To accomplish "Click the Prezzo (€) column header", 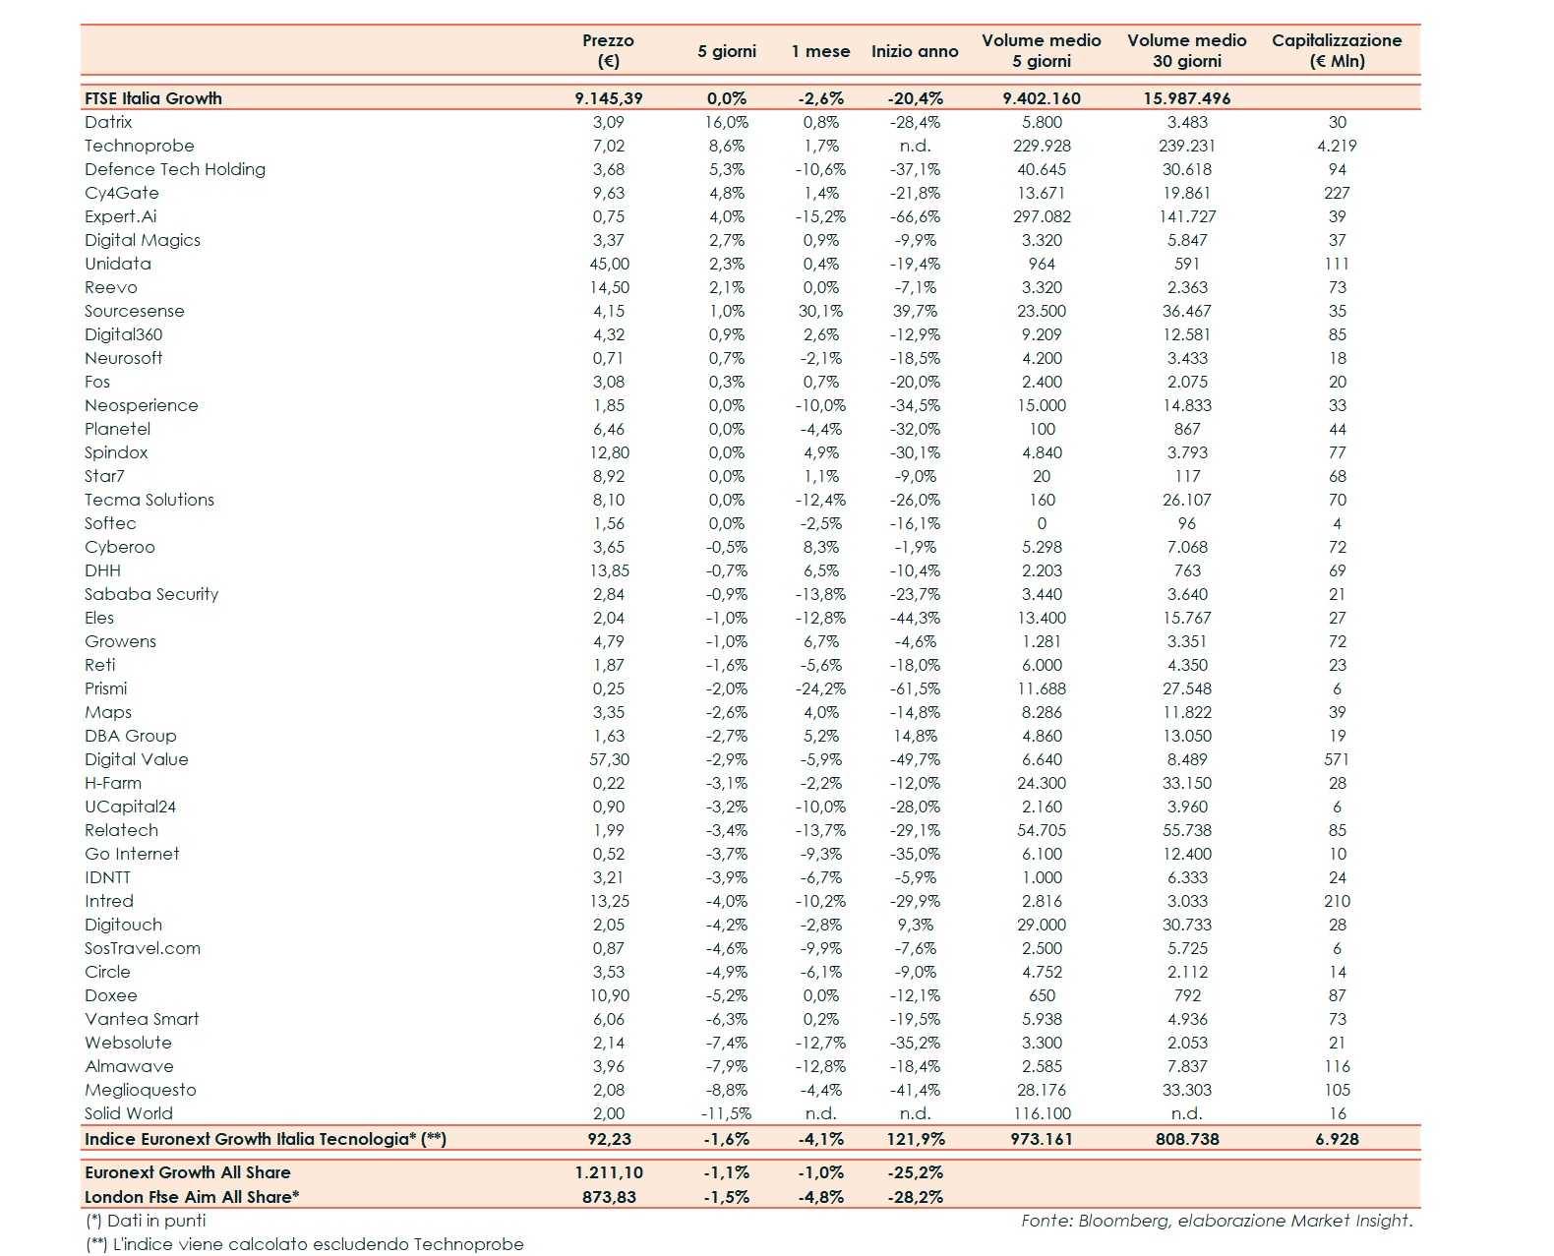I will click(608, 50).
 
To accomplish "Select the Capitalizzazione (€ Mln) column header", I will click(1336, 50).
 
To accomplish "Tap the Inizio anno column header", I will click(914, 51).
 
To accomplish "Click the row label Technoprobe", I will click(139, 146).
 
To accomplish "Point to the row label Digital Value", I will click(136, 759).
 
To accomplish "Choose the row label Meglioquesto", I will click(140, 1090).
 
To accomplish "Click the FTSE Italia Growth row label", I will click(152, 98).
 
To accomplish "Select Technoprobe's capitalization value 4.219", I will click(1336, 146).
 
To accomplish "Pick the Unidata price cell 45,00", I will click(609, 264).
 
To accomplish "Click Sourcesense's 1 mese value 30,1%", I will click(820, 311).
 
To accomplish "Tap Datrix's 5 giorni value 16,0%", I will click(727, 122).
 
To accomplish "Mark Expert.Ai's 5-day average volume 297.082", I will click(1042, 216).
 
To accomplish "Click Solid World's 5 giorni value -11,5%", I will click(726, 1113).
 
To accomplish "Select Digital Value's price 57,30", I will click(609, 759).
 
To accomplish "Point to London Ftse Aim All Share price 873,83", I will click(609, 1197).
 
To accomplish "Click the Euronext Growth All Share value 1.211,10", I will click(609, 1172).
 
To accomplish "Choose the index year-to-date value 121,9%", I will click(915, 1139).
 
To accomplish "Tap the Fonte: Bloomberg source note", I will click(1216, 1221).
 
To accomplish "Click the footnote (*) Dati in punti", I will click(146, 1221).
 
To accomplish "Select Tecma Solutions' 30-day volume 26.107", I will click(1186, 500).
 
